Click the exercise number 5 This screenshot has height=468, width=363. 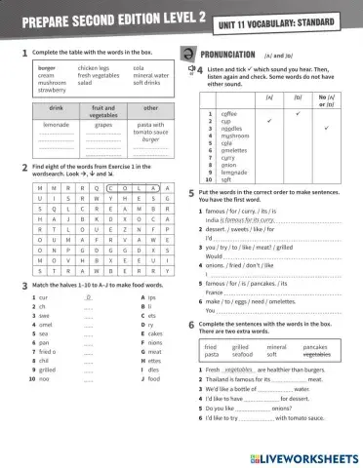pos(191,195)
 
